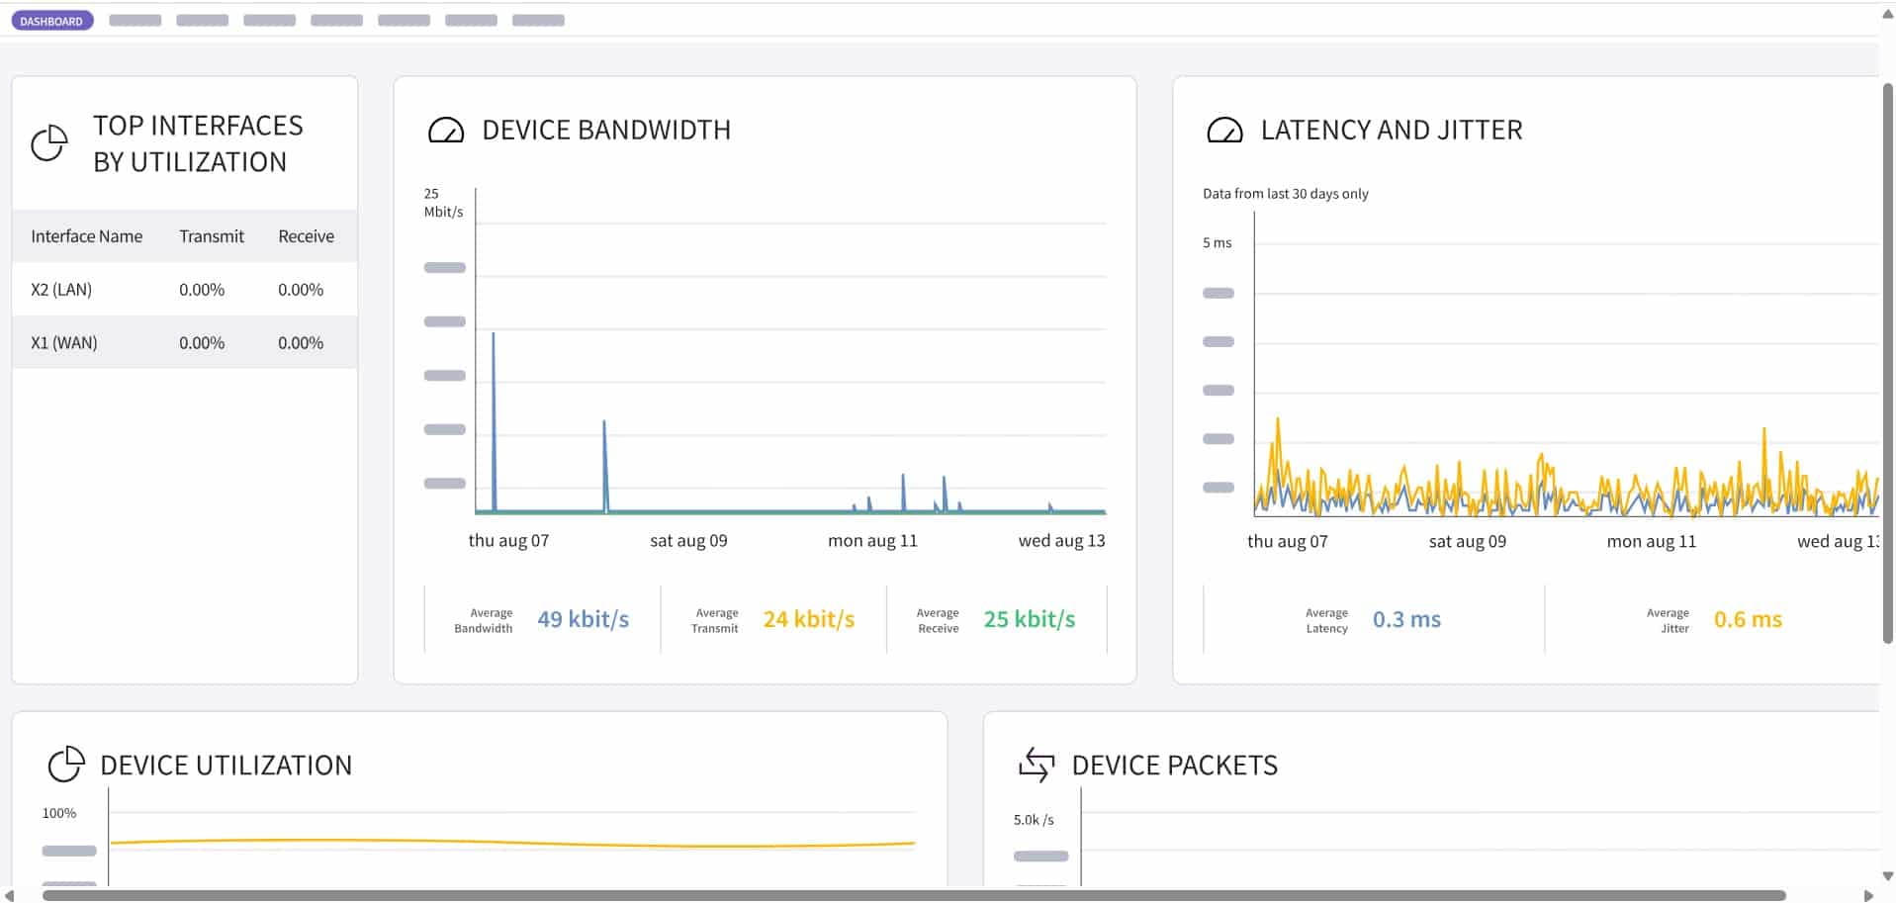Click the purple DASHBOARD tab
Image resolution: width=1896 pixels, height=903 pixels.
coord(51,21)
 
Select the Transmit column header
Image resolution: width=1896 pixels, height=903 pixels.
coord(211,236)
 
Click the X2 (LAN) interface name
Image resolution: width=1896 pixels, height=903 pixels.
coord(61,290)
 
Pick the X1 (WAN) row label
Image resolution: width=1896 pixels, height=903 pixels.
coord(64,343)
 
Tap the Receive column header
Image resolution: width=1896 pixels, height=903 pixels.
coord(306,236)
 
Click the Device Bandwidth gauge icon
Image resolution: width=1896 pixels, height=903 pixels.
coord(445,131)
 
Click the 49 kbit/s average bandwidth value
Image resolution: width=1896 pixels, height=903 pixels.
coord(583,619)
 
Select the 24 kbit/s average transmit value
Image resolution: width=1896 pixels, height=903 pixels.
coord(808,619)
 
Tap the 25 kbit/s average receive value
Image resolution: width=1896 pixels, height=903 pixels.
coord(1029,619)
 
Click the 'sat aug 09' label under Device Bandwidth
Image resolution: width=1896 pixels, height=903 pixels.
coord(688,541)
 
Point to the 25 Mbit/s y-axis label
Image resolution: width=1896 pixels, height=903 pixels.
coord(442,203)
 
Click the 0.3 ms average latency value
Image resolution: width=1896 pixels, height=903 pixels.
coord(1405,619)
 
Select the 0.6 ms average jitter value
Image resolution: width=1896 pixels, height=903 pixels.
coord(1747,619)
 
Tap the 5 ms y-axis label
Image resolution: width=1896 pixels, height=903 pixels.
coord(1217,243)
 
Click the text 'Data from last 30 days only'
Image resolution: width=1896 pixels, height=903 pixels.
coord(1285,194)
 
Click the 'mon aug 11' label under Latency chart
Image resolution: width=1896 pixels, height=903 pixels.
coord(1651,542)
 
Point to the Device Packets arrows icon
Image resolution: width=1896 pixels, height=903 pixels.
coord(1037,765)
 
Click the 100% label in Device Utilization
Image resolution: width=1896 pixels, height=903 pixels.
coord(59,813)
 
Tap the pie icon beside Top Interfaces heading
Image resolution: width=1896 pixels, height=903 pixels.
coord(49,143)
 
